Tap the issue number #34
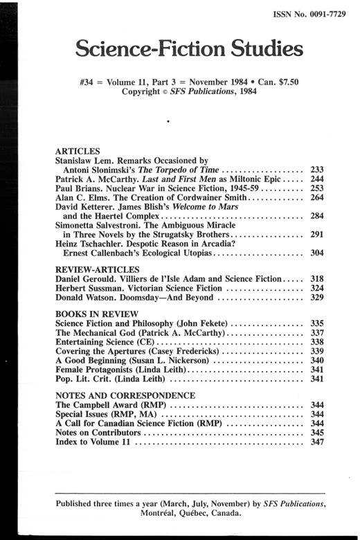[x=90, y=81]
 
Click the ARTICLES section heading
[x=78, y=150]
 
